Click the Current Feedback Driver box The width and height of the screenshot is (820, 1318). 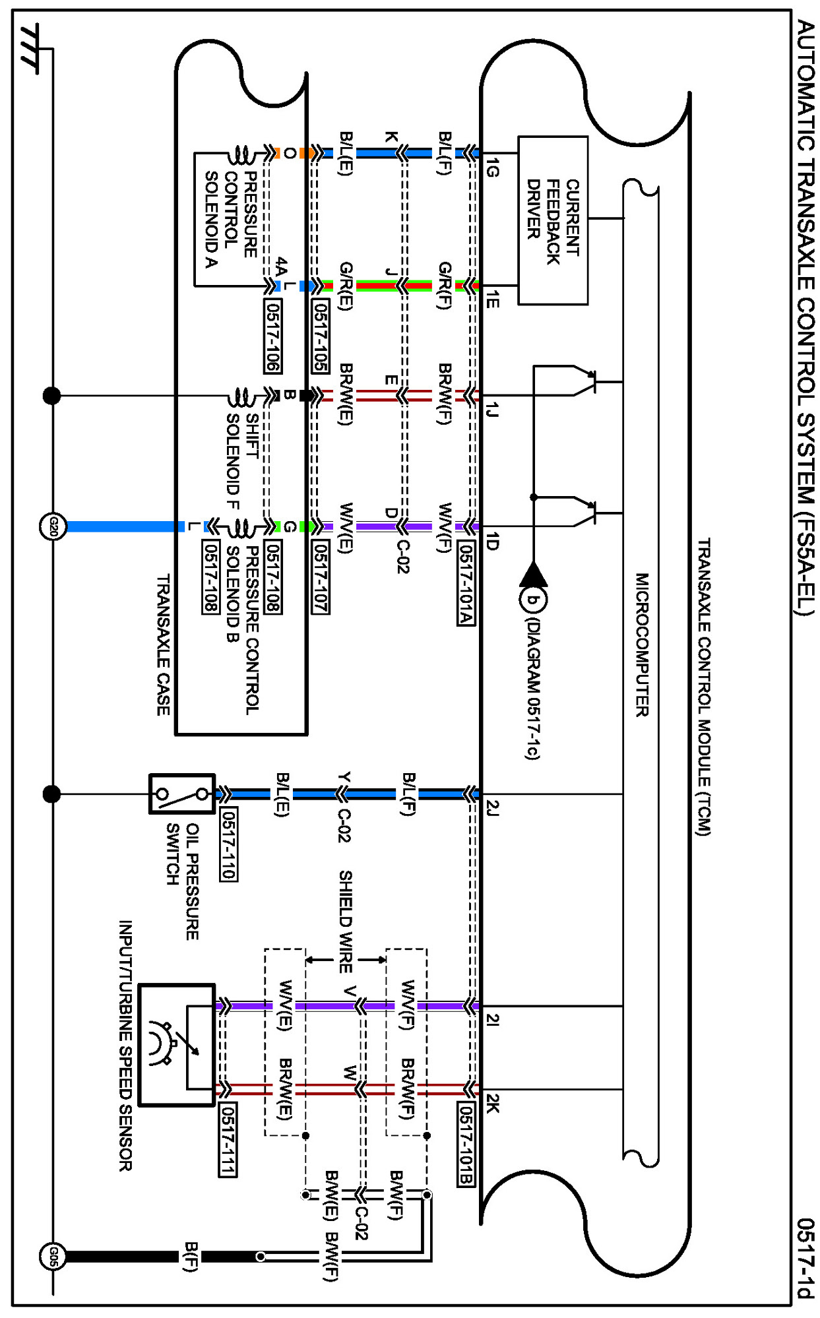(553, 220)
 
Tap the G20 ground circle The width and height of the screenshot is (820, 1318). (53, 526)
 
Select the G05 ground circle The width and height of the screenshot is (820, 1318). (53, 1256)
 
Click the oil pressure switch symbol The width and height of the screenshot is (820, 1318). (182, 794)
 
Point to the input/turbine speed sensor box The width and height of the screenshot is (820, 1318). (177, 1044)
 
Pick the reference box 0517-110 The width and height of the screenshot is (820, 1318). (228, 844)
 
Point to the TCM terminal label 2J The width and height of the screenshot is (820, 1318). (492, 808)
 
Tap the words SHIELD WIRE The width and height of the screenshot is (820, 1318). (345, 921)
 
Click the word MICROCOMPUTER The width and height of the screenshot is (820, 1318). (642, 644)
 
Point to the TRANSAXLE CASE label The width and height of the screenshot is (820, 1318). (163, 644)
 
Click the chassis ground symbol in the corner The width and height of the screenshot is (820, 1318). (30, 47)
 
